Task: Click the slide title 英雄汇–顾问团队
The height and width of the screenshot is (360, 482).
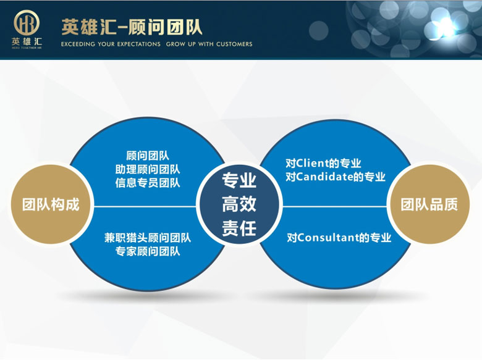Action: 132,27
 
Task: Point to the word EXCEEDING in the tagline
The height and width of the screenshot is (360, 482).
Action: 78,44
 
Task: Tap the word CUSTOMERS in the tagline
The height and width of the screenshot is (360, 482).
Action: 234,44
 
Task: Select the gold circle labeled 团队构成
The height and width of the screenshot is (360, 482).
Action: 51,204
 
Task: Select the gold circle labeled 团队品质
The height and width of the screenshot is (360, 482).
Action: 429,204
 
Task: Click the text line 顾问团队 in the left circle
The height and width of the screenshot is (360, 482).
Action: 148,156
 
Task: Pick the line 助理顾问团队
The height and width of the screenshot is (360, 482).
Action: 148,169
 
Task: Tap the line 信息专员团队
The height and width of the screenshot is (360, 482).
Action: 148,183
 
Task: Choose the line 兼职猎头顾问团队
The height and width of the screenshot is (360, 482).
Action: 148,238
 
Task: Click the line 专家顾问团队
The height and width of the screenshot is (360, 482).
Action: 148,251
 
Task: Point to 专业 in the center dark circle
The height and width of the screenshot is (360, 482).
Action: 239,180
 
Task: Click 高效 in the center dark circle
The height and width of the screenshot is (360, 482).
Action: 239,204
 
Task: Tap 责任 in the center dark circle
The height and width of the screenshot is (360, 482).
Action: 239,228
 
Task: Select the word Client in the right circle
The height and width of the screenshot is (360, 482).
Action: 311,163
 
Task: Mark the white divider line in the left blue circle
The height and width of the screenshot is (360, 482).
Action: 145,206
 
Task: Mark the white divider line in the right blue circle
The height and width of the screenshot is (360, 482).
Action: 334,206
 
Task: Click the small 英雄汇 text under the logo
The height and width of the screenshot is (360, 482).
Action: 27,41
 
